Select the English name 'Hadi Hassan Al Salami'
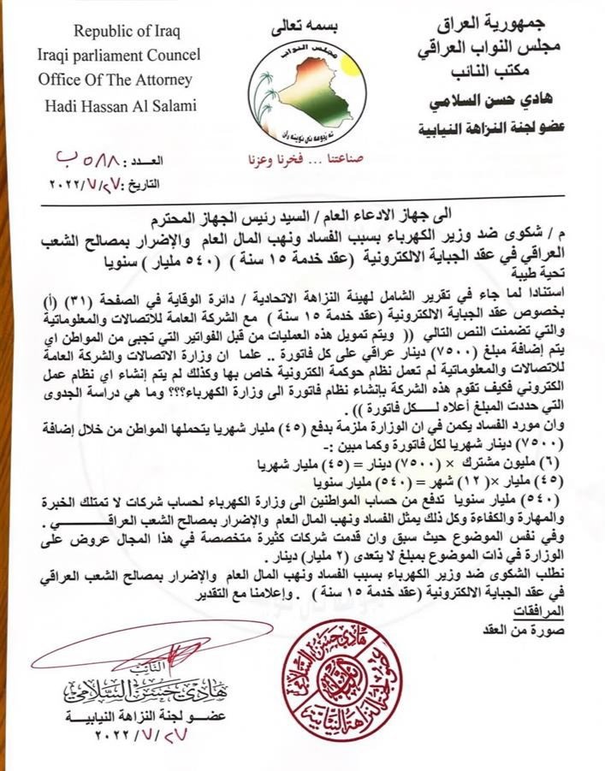pyautogui.click(x=123, y=106)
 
